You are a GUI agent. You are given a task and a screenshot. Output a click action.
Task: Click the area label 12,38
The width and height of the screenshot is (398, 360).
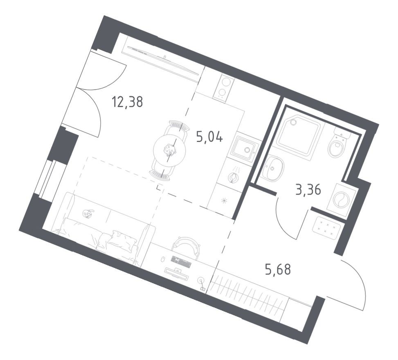pos(127,101)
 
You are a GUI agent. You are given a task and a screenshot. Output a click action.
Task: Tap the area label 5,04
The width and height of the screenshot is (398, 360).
pos(209,137)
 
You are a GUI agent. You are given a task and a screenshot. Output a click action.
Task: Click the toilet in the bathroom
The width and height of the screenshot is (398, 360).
pos(337,145)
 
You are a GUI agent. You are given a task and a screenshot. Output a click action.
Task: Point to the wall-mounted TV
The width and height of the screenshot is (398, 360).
pos(164,59)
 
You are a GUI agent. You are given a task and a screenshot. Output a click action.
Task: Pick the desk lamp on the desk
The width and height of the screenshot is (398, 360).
pos(201,281)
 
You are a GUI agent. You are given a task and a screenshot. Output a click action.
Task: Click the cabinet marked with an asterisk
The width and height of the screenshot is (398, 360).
pos(223,200)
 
